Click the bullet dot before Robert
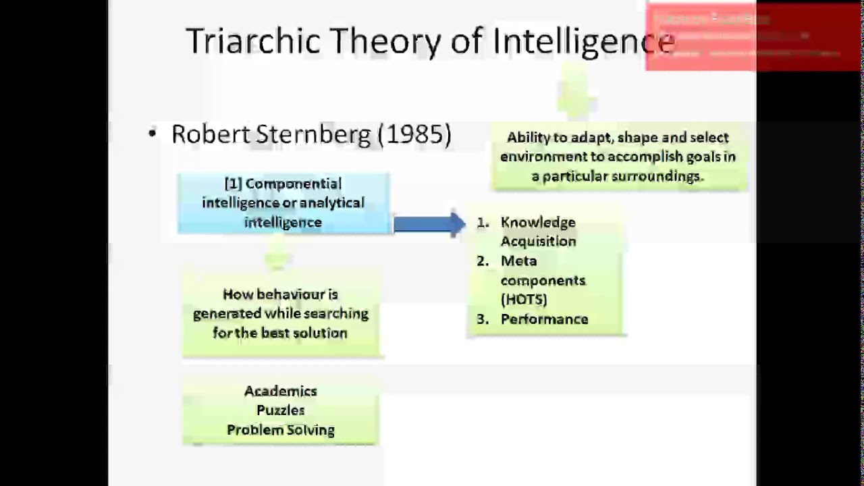pyautogui.click(x=153, y=134)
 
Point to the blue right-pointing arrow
pyautogui.click(x=429, y=224)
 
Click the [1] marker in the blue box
pyautogui.click(x=233, y=184)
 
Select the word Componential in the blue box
pyautogui.click(x=294, y=184)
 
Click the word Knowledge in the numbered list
pyautogui.click(x=538, y=222)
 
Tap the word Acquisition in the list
pyautogui.click(x=538, y=241)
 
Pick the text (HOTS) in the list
pyautogui.click(x=524, y=299)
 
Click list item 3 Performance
pyautogui.click(x=544, y=319)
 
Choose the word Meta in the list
pyautogui.click(x=518, y=261)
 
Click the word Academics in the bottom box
pyautogui.click(x=280, y=391)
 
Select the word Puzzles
pyautogui.click(x=280, y=410)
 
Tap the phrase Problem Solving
pyautogui.click(x=280, y=429)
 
